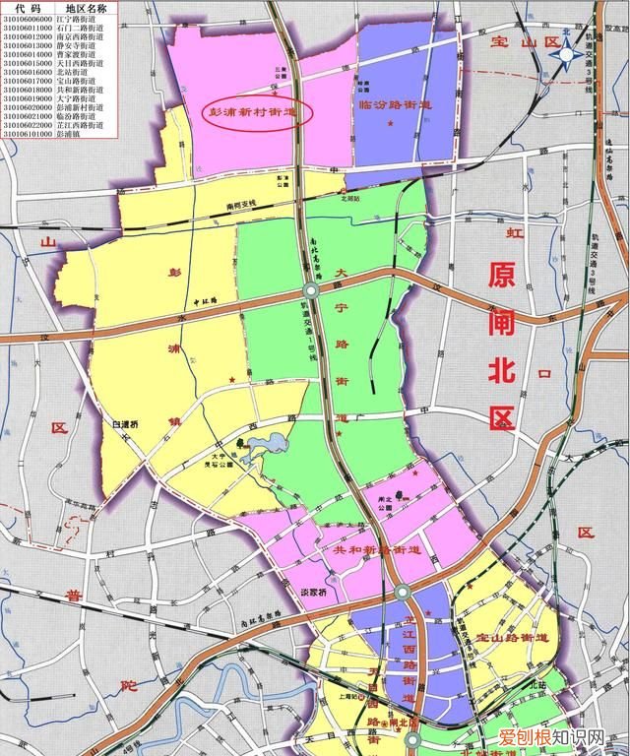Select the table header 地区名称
(x=86, y=8)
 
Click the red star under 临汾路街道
(x=391, y=122)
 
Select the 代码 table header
(x=27, y=8)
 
